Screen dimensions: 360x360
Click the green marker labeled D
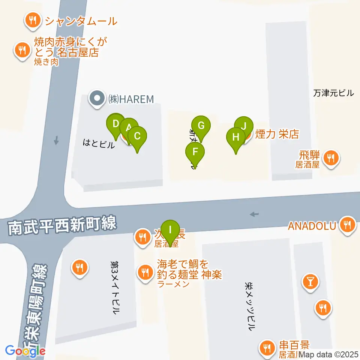[x=115, y=123]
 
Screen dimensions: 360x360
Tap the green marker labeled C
[x=137, y=136]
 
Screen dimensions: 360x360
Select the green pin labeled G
[x=201, y=126]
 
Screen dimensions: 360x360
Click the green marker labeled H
[x=236, y=137]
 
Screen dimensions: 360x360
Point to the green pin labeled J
[x=244, y=126]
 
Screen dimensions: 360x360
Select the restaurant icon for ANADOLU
[x=347, y=225]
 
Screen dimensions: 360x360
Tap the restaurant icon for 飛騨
[x=331, y=159]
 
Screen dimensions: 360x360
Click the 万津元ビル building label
[x=333, y=93]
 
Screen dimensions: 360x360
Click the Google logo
[x=25, y=351]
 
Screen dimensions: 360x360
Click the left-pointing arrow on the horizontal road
[x=254, y=214]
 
